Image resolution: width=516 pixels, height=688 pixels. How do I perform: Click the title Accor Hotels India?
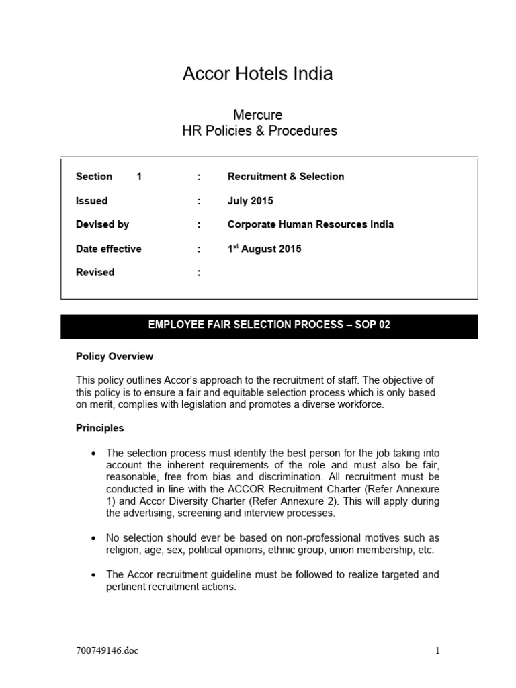click(x=257, y=74)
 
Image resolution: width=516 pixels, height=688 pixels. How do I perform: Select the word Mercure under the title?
click(x=257, y=115)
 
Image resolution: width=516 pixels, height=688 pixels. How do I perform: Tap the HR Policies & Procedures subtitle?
click(x=259, y=131)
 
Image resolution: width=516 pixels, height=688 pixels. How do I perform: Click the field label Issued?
click(x=91, y=201)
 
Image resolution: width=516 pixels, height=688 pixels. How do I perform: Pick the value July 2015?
click(x=251, y=201)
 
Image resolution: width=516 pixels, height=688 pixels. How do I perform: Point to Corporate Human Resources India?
click(x=310, y=224)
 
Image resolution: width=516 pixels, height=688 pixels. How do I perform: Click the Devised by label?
click(x=102, y=224)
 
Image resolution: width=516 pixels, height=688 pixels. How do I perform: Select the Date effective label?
click(x=109, y=249)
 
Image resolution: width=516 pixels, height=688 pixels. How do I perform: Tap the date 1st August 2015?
click(x=264, y=249)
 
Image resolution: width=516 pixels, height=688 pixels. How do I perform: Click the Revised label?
click(x=95, y=273)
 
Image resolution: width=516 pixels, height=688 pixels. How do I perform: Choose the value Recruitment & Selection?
click(x=286, y=177)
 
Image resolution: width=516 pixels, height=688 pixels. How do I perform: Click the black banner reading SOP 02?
click(x=269, y=325)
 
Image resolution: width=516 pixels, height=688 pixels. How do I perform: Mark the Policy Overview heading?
click(x=114, y=357)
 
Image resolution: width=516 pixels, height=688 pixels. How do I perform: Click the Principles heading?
click(x=99, y=428)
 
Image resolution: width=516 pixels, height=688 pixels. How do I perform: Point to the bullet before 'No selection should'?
click(x=93, y=539)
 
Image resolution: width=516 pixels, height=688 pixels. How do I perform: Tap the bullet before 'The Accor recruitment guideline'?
click(x=93, y=576)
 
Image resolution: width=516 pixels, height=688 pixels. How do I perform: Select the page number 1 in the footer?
click(x=437, y=650)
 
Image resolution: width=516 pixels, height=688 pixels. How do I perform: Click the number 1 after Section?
click(x=139, y=177)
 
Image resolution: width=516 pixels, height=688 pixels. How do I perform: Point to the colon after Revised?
click(x=199, y=273)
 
